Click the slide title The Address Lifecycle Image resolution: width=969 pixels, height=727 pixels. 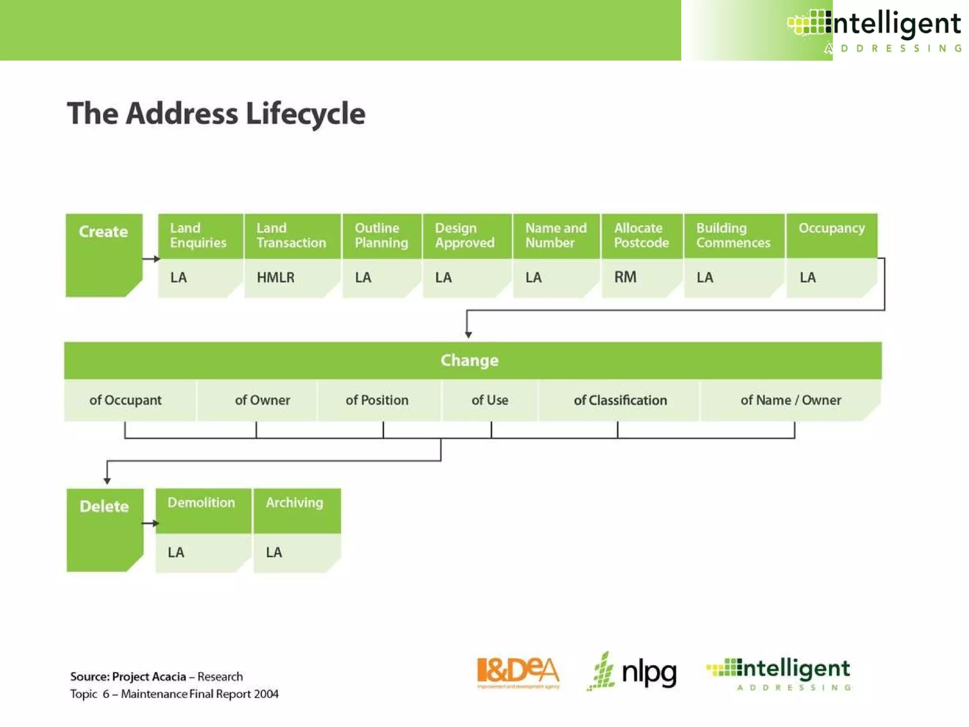216,114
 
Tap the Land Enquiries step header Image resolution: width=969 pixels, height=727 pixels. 199,235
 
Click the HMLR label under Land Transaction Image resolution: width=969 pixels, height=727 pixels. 275,277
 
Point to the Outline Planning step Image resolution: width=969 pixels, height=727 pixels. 381,235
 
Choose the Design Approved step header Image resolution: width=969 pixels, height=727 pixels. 465,235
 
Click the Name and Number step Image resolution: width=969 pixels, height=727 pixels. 556,235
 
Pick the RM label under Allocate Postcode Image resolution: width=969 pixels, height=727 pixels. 625,277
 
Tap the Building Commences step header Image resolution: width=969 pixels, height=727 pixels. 733,235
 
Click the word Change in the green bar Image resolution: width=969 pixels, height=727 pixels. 469,361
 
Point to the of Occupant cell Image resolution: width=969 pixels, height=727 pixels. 125,400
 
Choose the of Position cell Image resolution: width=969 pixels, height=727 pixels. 377,400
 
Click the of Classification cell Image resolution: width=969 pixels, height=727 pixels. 620,400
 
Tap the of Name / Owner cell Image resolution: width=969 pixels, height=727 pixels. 791,400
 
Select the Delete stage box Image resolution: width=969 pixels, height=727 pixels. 104,529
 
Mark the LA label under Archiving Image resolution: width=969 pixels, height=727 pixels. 274,552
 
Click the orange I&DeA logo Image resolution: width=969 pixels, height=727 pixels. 518,673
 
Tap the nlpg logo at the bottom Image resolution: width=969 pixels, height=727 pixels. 633,672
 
